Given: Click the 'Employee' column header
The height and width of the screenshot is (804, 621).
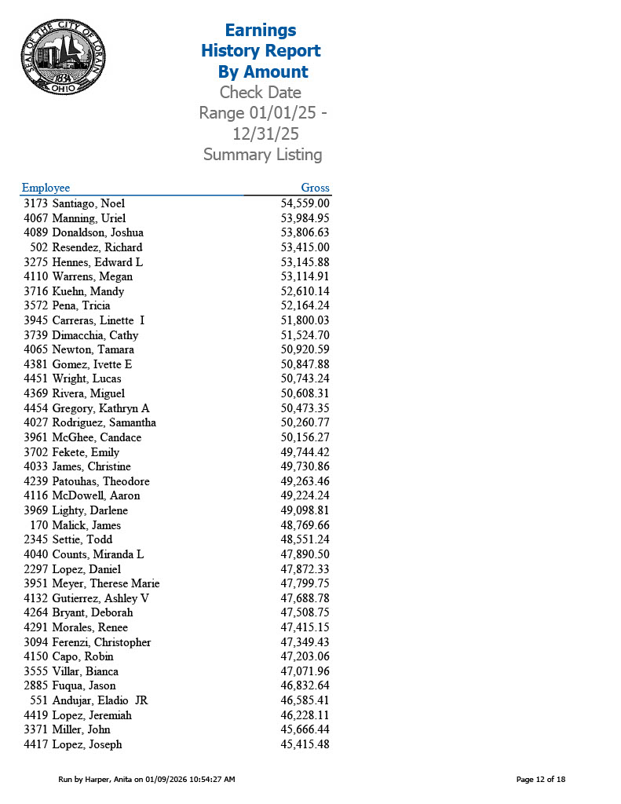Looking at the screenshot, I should tap(46, 188).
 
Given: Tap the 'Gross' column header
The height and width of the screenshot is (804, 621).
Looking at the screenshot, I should tap(315, 188).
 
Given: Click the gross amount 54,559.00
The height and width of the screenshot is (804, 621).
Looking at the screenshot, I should tap(305, 203).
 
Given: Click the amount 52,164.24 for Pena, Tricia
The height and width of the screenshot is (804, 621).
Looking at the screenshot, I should tap(305, 305).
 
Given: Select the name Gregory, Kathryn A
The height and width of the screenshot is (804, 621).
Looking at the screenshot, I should tap(100, 408).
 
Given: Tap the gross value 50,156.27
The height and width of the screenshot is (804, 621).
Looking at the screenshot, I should tap(305, 437).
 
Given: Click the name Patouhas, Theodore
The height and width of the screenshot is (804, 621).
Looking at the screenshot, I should tap(100, 481).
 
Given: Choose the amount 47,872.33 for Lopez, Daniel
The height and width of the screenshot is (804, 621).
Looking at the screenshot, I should tap(305, 569).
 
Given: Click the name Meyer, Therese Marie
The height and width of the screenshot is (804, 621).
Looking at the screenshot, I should tap(105, 583).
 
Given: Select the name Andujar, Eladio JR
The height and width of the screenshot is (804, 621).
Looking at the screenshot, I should tap(100, 700).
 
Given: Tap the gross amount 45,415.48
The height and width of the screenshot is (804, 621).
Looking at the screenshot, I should tap(305, 744).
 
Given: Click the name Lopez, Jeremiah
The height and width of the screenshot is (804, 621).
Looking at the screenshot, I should tap(92, 715).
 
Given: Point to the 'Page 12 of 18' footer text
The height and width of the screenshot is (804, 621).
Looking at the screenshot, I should tap(540, 779).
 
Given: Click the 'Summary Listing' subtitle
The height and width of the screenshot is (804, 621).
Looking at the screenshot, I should tap(262, 155).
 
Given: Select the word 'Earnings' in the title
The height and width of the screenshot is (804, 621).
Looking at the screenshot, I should tap(261, 31).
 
